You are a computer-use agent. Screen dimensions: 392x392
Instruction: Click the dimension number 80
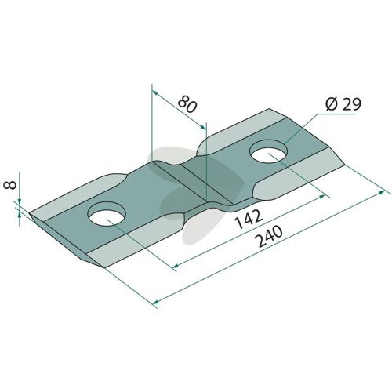coord(187,104)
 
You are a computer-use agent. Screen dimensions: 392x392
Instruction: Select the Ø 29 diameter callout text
coord(343,104)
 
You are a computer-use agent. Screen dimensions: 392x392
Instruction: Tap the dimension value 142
coord(249,219)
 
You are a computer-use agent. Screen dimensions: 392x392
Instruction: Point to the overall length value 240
coord(270,237)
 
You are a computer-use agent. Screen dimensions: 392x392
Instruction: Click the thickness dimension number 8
coord(10,185)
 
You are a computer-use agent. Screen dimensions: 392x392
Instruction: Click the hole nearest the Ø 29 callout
coord(269,151)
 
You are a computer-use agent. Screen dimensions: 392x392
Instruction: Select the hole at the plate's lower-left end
coord(107,214)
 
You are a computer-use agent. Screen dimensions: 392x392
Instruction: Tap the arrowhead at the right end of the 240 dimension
coord(382,192)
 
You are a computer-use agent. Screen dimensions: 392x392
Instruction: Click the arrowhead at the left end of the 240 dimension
coord(156,302)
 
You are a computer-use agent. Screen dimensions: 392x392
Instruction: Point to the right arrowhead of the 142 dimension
coord(321,196)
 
